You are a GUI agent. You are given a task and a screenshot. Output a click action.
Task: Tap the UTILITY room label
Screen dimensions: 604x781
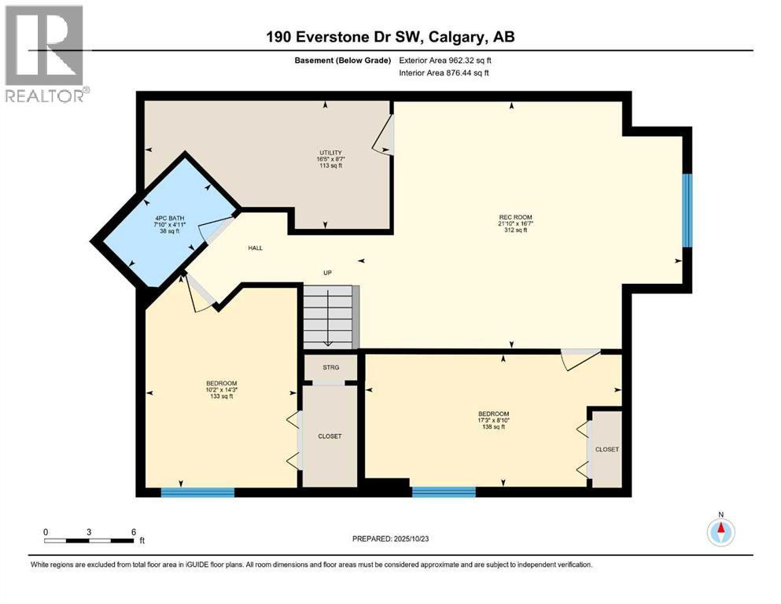pos(325,152)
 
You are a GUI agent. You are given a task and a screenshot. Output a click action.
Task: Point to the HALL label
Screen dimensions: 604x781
pos(255,248)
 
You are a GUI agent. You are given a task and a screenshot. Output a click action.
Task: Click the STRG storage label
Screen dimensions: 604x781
pos(331,367)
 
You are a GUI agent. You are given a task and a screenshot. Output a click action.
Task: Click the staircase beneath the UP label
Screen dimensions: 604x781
pos(330,316)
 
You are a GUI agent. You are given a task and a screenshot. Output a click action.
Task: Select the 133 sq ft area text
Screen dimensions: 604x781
pos(221,396)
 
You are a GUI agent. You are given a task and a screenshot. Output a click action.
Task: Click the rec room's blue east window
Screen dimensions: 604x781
pos(686,210)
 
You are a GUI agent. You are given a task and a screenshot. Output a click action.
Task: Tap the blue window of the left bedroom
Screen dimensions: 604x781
pos(197,492)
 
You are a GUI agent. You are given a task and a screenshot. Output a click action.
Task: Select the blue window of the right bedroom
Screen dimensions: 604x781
pos(444,492)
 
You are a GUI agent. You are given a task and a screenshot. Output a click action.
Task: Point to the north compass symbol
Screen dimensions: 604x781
pos(720,532)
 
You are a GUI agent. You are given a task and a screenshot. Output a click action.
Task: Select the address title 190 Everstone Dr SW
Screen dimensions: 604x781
pos(390,38)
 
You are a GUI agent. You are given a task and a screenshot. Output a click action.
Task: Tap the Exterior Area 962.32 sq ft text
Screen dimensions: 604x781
pos(451,61)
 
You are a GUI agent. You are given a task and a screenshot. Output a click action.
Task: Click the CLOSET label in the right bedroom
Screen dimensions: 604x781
pos(606,449)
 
